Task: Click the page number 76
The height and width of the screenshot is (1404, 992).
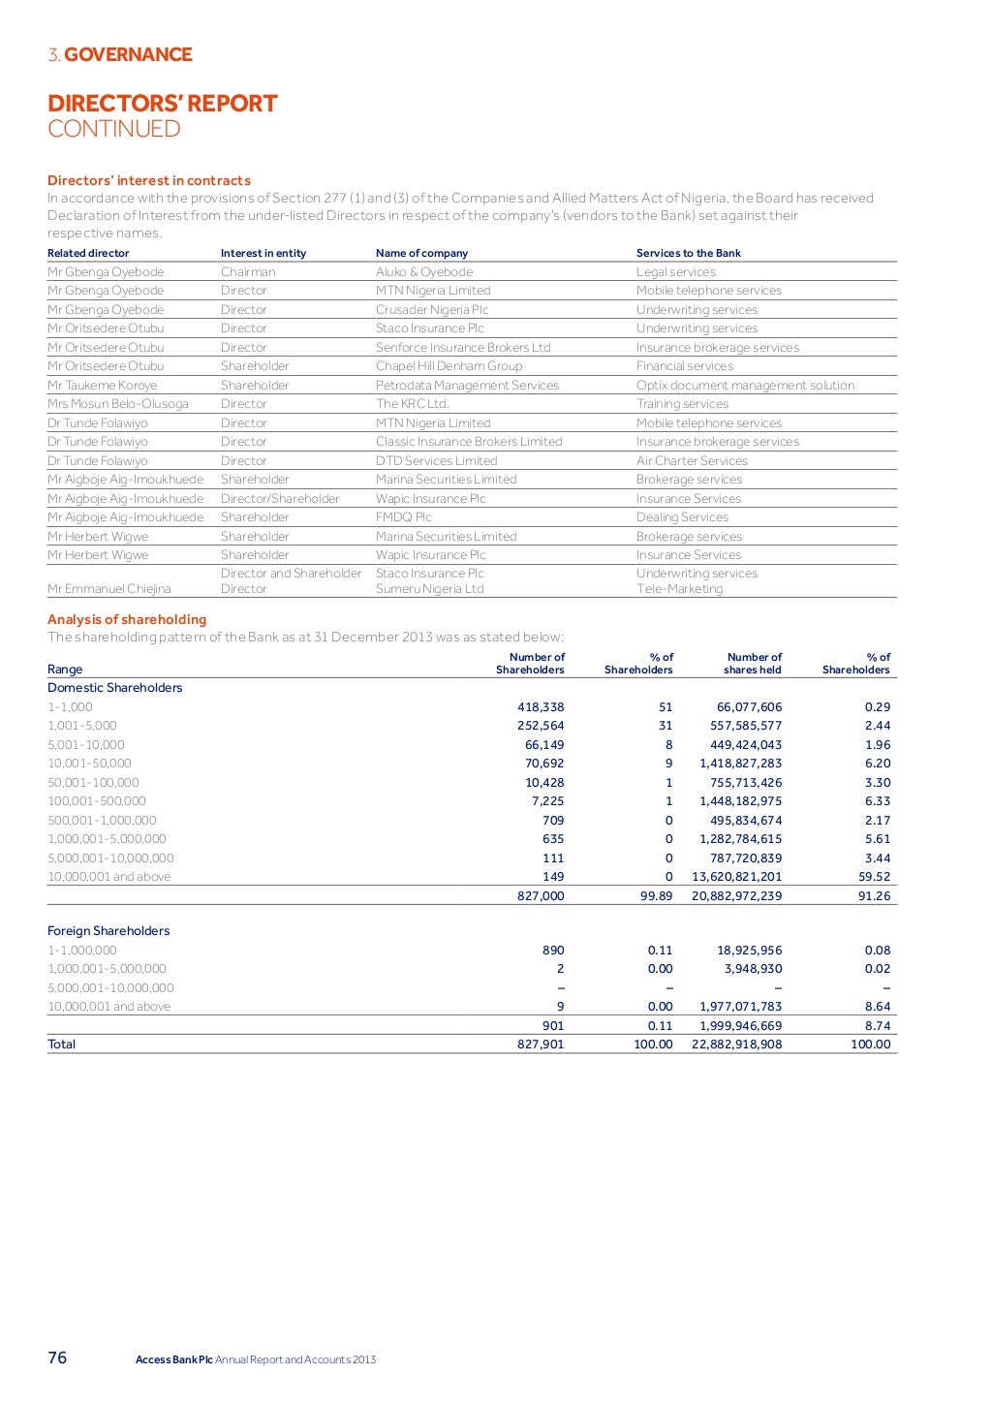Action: pos(58,1357)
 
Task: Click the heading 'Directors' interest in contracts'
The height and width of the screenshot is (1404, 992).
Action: pos(149,180)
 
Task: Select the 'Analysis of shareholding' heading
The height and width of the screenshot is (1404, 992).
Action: pos(127,619)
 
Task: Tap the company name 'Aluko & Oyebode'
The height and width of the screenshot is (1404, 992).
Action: pos(424,272)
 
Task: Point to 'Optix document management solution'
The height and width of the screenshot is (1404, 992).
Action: pos(745,386)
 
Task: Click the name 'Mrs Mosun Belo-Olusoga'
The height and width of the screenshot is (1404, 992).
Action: pos(118,404)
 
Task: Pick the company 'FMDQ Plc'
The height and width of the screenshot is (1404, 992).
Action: pos(404,517)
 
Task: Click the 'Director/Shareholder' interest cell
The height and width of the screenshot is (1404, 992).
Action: pos(280,499)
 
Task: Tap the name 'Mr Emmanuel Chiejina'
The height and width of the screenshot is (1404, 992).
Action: pos(109,589)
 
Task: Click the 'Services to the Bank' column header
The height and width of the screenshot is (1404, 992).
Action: pos(688,253)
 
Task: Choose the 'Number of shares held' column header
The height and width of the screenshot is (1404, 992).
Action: pos(753,664)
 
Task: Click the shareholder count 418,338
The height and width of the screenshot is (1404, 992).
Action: pos(541,707)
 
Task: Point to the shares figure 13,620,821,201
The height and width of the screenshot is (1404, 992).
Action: pos(736,877)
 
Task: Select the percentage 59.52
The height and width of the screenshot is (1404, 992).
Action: pos(877,877)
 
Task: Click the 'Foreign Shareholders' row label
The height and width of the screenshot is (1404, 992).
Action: pos(108,931)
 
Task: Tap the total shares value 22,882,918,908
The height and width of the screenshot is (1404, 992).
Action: pos(736,1045)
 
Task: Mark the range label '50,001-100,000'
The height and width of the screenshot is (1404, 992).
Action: pos(93,783)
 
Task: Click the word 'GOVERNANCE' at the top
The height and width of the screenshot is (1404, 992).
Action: pos(128,54)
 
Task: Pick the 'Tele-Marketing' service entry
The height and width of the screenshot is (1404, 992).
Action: pos(679,589)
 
